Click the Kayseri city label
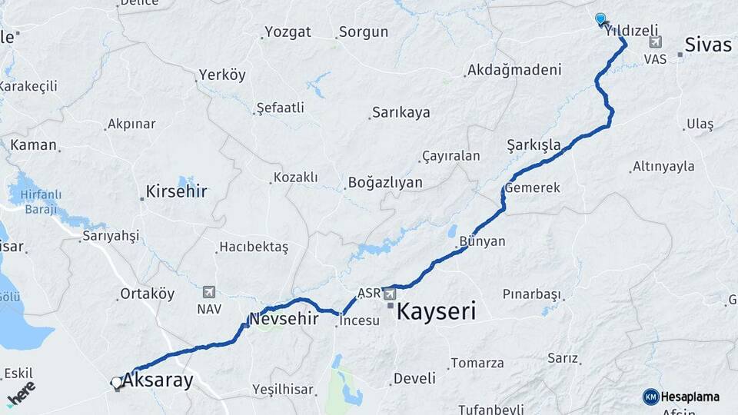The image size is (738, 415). tap(436, 311)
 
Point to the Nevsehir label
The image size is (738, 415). tap(284, 318)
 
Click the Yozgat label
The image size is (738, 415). tap(288, 32)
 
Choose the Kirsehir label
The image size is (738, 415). tap(177, 191)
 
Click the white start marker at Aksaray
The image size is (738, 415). tap(116, 382)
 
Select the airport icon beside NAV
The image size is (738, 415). tap(208, 292)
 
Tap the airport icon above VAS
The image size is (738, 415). tap(655, 43)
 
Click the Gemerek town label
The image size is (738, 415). tap(533, 188)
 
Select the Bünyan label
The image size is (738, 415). tap(482, 241)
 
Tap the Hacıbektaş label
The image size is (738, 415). tap(254, 247)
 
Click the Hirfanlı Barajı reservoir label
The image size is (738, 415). tap(40, 203)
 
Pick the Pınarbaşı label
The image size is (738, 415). tap(531, 294)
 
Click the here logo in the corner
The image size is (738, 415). tap(21, 394)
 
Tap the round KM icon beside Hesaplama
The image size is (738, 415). tap(651, 397)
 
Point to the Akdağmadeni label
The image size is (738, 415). tap(514, 70)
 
